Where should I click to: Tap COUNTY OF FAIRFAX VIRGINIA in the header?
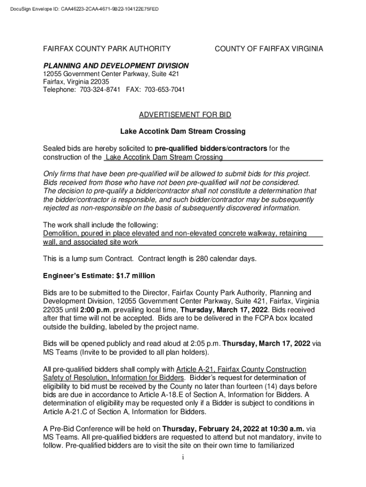tap(269, 49)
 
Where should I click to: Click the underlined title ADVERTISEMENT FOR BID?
tap(185, 115)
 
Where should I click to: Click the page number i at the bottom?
tap(183, 458)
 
